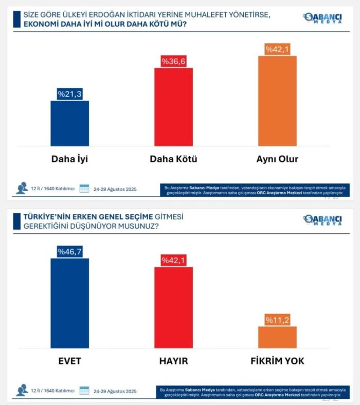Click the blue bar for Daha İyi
pyautogui.click(x=69, y=123)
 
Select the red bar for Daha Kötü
pyautogui.click(x=174, y=107)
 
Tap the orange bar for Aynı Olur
pyautogui.click(x=277, y=101)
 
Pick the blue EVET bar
pyautogui.click(x=69, y=303)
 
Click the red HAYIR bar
pyautogui.click(x=174, y=308)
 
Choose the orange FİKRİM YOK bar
pyautogui.click(x=277, y=337)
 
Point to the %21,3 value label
pyautogui.click(x=69, y=94)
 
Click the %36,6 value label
pyautogui.click(x=174, y=61)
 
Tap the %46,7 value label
pyautogui.click(x=69, y=252)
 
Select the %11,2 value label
pyautogui.click(x=277, y=320)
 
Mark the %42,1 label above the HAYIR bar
pyautogui.click(x=174, y=261)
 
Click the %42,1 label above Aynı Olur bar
pyautogui.click(x=277, y=49)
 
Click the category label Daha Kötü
pyautogui.click(x=174, y=159)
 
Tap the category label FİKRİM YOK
pyautogui.click(x=277, y=361)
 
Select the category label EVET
pyautogui.click(x=69, y=361)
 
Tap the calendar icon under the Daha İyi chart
pyautogui.click(x=84, y=189)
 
